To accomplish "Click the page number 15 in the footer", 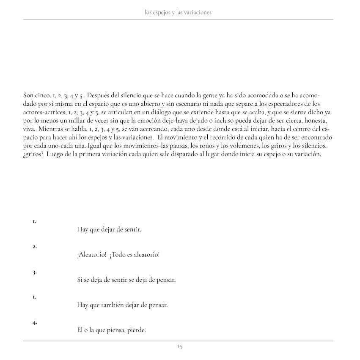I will tap(180, 346).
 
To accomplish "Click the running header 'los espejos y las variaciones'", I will tap(178, 12).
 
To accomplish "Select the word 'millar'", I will tap(78, 120).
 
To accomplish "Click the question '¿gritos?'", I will tap(33, 154).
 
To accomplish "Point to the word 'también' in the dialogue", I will tap(111, 305).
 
